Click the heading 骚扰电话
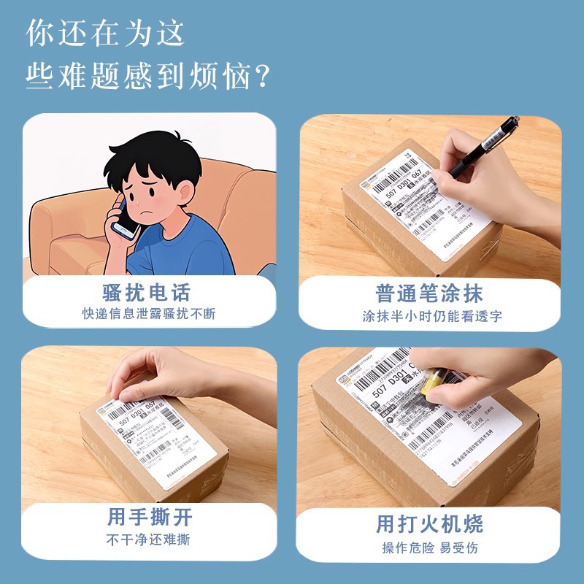147,293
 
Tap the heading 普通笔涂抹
429,293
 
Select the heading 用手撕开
150,518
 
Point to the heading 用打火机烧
429,523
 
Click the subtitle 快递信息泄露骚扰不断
149,315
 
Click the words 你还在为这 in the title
105,33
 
